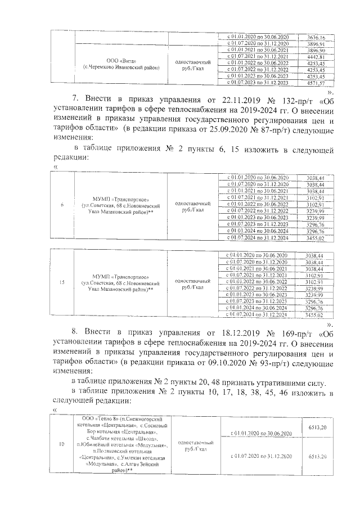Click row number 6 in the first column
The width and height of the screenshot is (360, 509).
(62, 205)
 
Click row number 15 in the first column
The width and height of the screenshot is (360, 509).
(62, 283)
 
